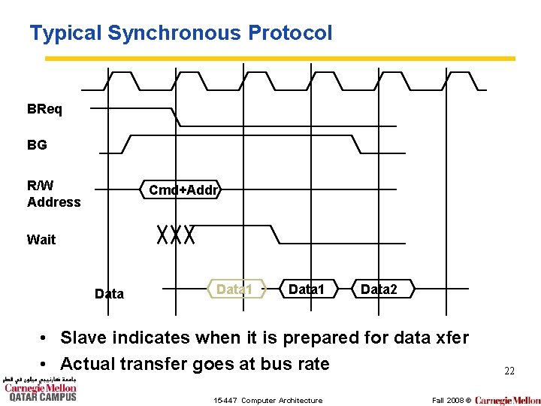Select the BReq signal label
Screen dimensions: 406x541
45,109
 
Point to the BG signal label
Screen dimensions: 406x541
37,145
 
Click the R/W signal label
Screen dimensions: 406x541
41,185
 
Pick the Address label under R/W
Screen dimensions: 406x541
53,201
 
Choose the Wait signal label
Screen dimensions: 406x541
41,239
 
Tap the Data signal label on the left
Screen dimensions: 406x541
109,293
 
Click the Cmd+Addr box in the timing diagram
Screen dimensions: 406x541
183,190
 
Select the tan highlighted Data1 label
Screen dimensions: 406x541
234,289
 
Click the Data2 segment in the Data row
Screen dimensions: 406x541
379,289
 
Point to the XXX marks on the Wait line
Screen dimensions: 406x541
177,235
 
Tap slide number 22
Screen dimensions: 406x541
509,371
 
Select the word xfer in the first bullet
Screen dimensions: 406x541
449,338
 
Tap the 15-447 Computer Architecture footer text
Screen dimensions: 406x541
268,400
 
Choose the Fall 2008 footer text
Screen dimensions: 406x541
448,400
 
